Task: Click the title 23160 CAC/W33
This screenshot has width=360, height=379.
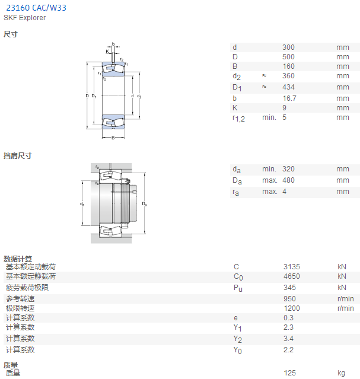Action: click(x=36, y=8)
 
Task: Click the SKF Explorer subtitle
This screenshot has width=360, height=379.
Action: click(x=24, y=18)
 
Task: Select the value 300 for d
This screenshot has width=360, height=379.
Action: click(x=288, y=47)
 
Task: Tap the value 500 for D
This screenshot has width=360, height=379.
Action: click(x=288, y=57)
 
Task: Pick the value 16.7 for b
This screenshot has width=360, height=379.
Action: click(x=289, y=98)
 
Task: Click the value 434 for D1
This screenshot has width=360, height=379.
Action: click(x=288, y=87)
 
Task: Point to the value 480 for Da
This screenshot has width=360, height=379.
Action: click(x=288, y=180)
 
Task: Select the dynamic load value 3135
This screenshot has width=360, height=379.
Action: click(x=292, y=267)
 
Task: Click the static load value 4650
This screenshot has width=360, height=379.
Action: click(x=292, y=276)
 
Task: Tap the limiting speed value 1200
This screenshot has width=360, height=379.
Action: click(x=292, y=308)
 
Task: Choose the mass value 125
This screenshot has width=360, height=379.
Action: click(x=289, y=372)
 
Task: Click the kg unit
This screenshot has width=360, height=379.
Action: click(x=341, y=373)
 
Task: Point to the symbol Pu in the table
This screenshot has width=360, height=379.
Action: click(x=238, y=288)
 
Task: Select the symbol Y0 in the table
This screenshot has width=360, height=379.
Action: click(x=238, y=351)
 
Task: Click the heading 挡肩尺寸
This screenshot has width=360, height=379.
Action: click(x=18, y=155)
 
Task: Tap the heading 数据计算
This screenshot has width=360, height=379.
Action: click(x=18, y=259)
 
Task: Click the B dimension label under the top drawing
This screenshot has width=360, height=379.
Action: click(x=113, y=138)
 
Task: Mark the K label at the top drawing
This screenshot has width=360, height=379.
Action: click(x=107, y=51)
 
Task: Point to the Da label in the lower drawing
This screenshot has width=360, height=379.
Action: click(x=144, y=204)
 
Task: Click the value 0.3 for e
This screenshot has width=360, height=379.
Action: click(x=288, y=317)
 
